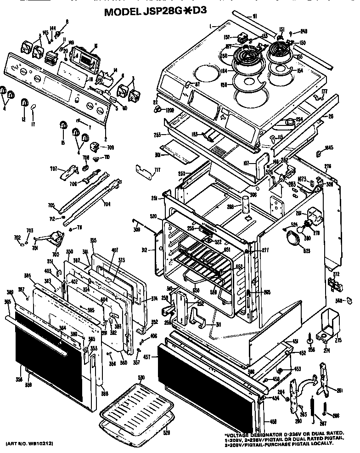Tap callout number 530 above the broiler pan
(141, 378)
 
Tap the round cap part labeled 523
(292, 238)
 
